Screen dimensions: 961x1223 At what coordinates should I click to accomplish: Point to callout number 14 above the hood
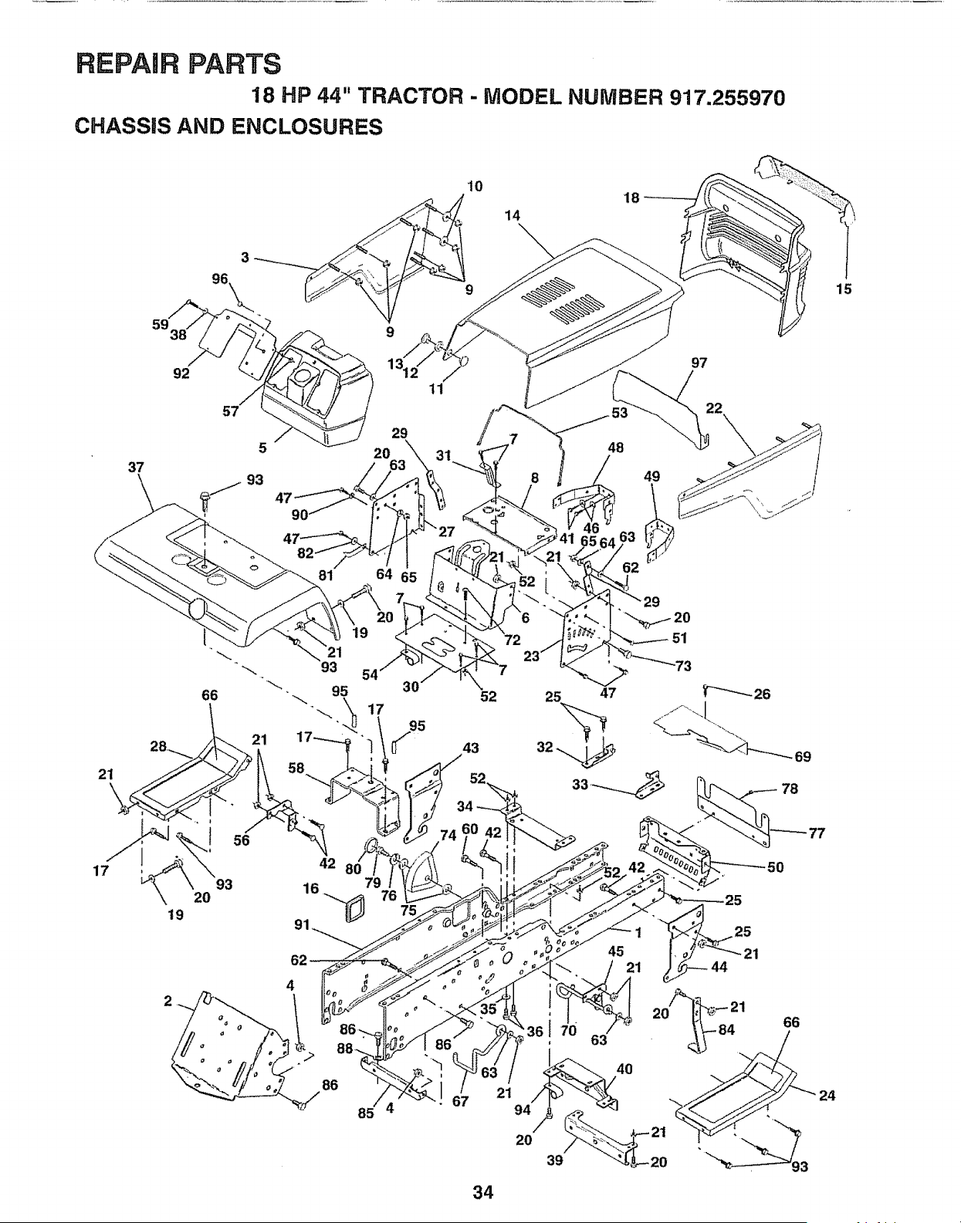(513, 215)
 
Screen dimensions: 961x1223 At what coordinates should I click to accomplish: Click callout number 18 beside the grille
(631, 198)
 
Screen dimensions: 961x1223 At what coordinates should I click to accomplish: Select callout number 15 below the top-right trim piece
(844, 289)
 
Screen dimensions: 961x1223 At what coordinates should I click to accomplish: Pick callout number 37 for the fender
(137, 467)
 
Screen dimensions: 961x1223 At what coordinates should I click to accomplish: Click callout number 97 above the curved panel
(699, 363)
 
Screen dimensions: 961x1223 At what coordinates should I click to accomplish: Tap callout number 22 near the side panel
(714, 407)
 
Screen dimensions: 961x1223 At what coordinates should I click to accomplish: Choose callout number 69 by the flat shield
(803, 756)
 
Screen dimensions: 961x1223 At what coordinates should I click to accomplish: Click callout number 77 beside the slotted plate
(817, 833)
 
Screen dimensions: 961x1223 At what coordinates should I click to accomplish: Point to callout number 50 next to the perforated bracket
(775, 867)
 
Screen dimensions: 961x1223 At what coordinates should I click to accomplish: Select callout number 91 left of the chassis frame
(303, 924)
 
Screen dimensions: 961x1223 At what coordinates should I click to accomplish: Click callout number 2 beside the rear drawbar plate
(167, 1002)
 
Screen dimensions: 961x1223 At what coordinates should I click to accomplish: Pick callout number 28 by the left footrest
(158, 747)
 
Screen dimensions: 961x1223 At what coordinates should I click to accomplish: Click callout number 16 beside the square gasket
(311, 889)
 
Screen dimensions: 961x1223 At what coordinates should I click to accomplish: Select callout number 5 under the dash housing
(262, 448)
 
